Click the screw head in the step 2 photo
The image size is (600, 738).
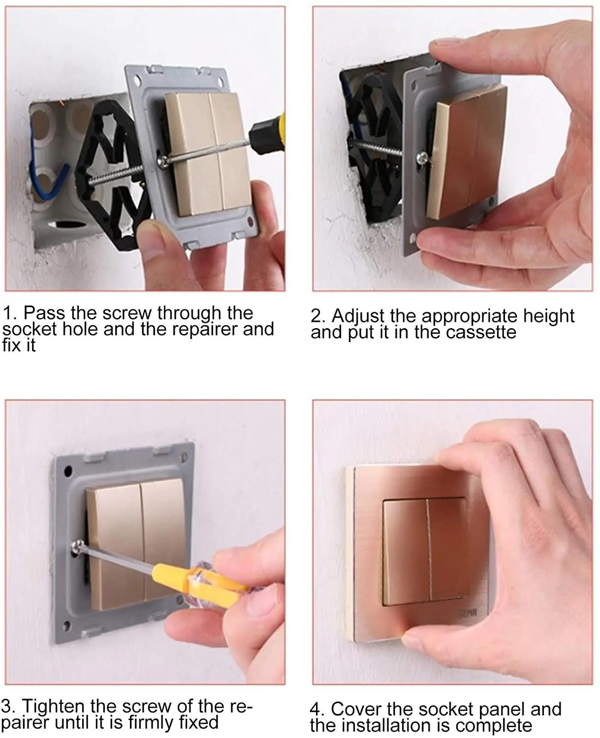point(422,158)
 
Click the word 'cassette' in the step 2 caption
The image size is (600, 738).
point(481,333)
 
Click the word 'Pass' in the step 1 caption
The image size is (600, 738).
point(44,313)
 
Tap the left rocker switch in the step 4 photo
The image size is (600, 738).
point(406,552)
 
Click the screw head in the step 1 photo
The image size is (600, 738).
point(163,161)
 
